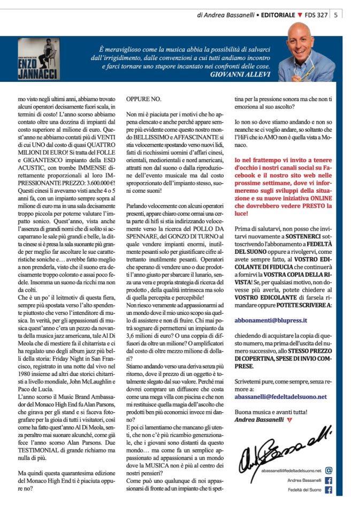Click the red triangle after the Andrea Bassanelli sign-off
(x=289, y=420)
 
